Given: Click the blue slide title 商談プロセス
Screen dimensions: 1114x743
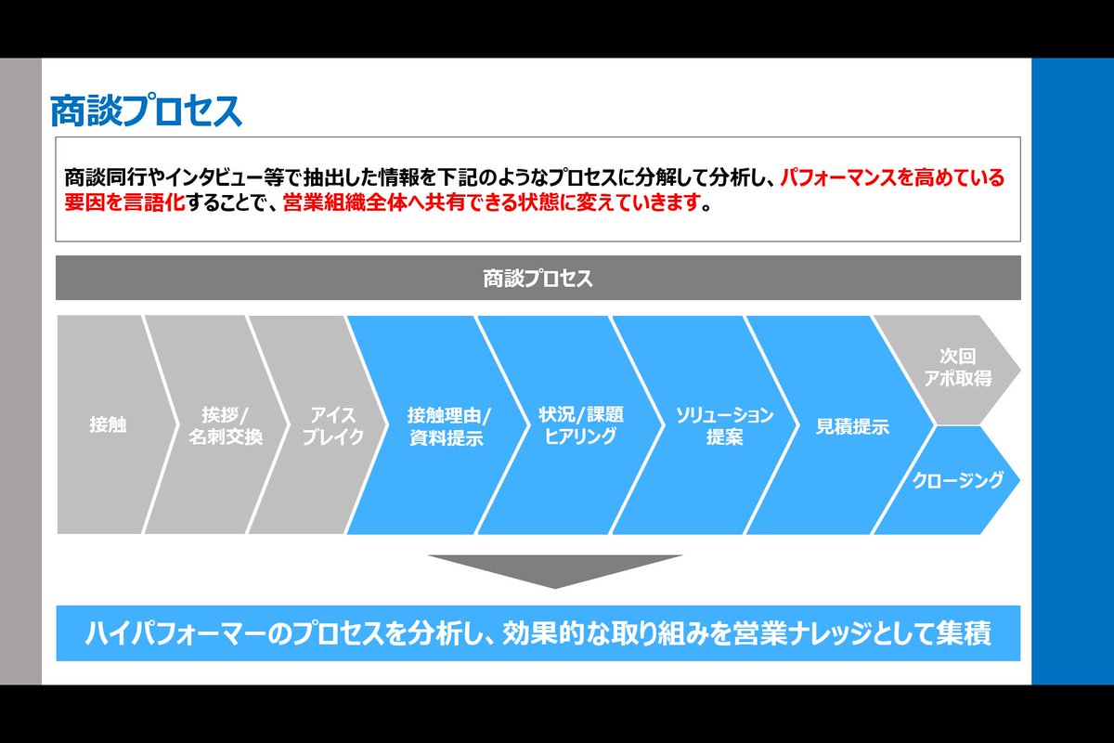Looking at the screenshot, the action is (x=146, y=111).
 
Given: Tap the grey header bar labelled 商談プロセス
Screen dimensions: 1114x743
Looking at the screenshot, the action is (x=538, y=278).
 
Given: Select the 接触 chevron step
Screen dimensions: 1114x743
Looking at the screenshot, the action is (x=108, y=424).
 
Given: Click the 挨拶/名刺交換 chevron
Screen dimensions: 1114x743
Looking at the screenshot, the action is (x=225, y=425).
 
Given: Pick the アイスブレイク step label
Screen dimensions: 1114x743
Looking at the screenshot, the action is (x=332, y=426).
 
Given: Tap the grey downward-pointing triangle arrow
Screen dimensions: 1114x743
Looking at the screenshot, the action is (x=555, y=571).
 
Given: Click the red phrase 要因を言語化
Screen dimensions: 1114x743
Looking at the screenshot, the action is (x=124, y=202).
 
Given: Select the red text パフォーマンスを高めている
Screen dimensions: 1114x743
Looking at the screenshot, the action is (x=892, y=177).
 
